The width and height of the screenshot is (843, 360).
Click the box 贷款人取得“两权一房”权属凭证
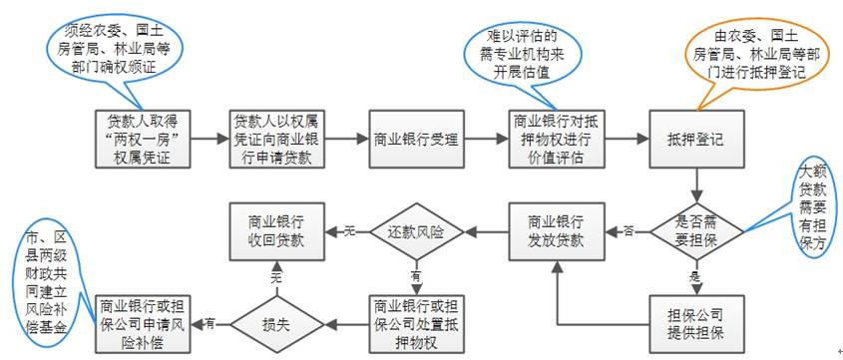[143, 139]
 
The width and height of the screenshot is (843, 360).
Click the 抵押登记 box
[695, 139]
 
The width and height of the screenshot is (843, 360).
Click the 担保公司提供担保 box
[695, 322]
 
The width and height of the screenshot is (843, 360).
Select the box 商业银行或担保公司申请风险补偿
[143, 322]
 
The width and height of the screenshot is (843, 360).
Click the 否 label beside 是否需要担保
[629, 231]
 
